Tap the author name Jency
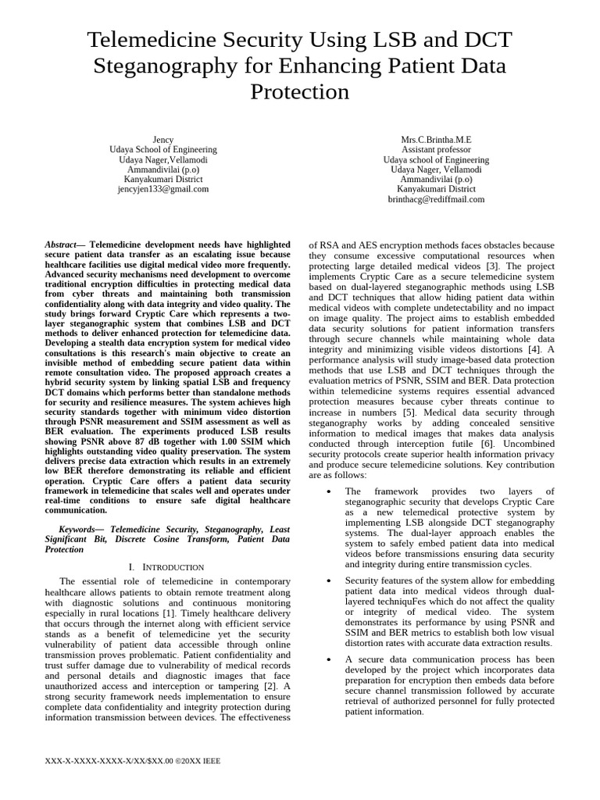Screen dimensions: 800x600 tap(162, 140)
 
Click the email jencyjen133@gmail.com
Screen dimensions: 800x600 tap(162, 189)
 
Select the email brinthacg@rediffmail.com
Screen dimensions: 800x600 tap(436, 199)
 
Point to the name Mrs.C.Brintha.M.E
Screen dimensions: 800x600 tap(436, 140)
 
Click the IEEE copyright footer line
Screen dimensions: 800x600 tap(134, 760)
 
